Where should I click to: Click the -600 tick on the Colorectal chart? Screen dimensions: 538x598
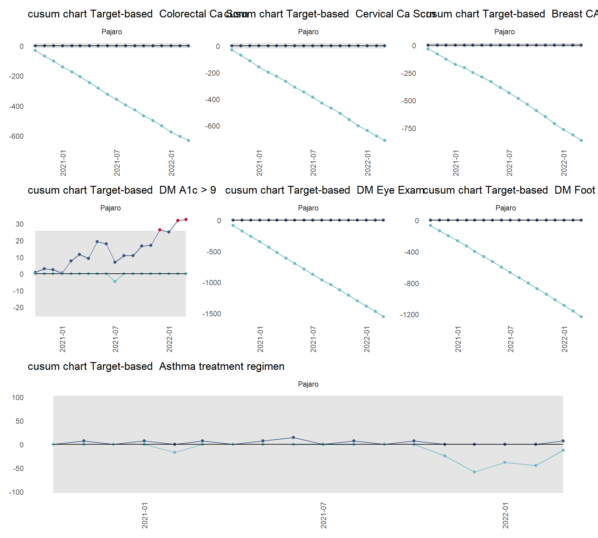[17, 136]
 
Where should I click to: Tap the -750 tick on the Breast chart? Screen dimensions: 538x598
[409, 129]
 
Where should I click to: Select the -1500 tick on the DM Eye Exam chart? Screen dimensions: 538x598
[212, 314]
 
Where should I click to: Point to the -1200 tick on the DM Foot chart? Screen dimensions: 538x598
[409, 315]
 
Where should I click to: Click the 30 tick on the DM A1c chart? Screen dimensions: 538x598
[20, 224]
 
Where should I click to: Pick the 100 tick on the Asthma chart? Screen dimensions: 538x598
[18, 398]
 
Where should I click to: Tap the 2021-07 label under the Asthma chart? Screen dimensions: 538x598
[324, 515]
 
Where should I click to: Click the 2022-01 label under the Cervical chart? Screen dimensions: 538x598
[368, 163]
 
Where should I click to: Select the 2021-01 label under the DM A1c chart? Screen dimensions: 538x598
[63, 339]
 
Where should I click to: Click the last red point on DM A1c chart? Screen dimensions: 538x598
[186, 219]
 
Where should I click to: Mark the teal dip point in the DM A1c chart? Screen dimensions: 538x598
[115, 281]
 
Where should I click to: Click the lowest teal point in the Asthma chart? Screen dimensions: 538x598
[474, 472]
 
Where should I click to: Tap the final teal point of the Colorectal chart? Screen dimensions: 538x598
[188, 140]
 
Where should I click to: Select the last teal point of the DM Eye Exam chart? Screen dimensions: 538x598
[383, 317]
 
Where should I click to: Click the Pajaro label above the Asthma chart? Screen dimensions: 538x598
[308, 384]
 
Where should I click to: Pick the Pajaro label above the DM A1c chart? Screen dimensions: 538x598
[111, 208]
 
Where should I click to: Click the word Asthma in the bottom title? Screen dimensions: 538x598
[178, 366]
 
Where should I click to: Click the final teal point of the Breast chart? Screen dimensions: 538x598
[581, 140]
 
